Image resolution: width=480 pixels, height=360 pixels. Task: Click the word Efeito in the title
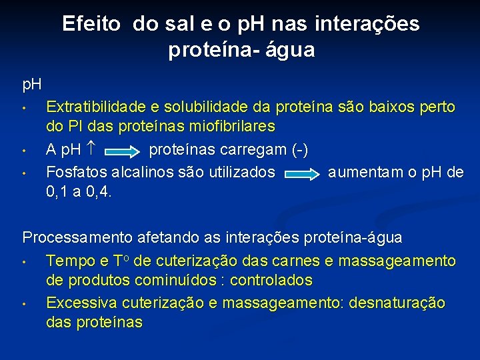coord(91,24)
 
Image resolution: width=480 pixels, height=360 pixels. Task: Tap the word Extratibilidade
coord(95,107)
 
